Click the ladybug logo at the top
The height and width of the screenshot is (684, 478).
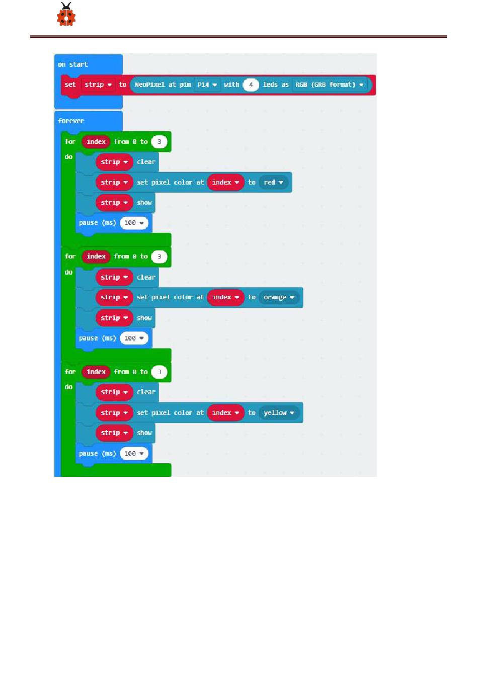66,15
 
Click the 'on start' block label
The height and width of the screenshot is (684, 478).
73,64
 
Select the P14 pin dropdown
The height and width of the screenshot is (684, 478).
207,84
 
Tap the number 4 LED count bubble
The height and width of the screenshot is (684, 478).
251,84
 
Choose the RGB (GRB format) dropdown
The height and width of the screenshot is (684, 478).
329,84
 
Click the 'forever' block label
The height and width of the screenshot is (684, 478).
71,121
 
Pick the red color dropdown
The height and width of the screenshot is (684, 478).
273,182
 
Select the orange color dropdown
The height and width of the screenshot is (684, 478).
279,297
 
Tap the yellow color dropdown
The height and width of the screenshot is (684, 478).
279,413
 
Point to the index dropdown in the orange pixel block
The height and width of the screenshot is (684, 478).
225,297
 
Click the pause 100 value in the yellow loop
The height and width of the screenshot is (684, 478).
134,454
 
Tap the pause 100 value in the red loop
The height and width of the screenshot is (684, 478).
134,223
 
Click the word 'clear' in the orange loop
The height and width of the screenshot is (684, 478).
146,277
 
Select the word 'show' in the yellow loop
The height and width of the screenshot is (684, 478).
144,433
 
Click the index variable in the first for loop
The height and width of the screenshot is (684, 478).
96,142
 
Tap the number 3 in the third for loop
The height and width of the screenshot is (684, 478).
159,372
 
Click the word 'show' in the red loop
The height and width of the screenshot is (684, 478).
144,203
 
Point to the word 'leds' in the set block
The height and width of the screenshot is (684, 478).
270,84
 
